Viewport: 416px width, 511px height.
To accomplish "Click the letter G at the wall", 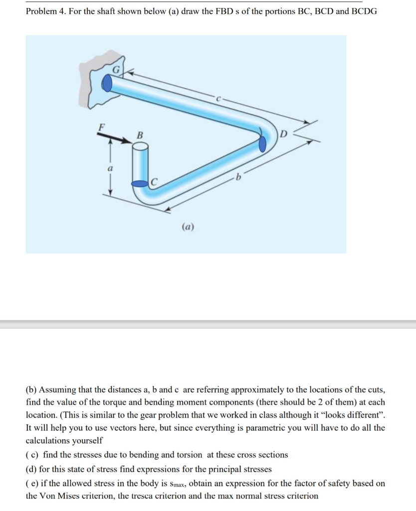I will pyautogui.click(x=116, y=70).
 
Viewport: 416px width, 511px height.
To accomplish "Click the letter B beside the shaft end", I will pyautogui.click(x=140, y=135).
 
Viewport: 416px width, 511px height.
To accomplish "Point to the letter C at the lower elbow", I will pyautogui.click(x=154, y=184).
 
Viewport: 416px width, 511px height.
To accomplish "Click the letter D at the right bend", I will pyautogui.click(x=283, y=134).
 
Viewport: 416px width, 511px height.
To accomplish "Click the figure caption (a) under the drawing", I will pyautogui.click(x=189, y=227).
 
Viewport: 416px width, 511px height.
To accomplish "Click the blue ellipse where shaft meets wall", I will pyautogui.click(x=107, y=83).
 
